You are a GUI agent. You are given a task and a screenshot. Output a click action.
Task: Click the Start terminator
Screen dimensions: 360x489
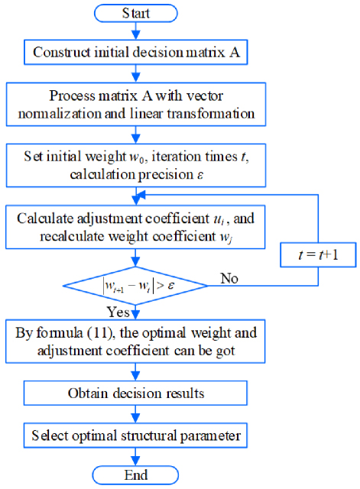[x=136, y=14]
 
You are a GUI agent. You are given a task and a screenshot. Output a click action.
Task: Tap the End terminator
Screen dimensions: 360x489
[x=135, y=475]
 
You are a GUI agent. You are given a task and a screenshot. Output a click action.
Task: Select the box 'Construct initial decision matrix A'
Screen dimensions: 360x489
[x=136, y=52]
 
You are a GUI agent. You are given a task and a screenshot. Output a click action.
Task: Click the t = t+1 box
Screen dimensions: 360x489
[x=318, y=254]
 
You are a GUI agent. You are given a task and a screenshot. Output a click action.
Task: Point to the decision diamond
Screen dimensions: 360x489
[x=135, y=285]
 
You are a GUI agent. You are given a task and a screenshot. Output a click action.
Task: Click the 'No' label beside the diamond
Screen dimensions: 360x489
[x=229, y=278]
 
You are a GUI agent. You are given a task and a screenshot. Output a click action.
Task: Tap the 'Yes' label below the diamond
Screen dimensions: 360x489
[x=118, y=312]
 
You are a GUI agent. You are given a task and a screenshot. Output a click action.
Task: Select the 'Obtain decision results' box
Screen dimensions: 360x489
[x=135, y=393]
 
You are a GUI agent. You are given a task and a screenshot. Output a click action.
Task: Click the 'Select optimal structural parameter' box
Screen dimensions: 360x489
[x=135, y=436]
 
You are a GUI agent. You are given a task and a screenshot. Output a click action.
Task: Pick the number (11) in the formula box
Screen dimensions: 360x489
[x=100, y=333]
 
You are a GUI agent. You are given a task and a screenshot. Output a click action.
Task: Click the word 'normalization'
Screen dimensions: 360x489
[x=60, y=113]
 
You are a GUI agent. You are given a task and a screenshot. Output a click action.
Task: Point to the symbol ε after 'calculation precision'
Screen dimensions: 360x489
[x=200, y=175]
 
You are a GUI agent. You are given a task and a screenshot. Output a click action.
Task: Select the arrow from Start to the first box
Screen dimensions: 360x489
[x=136, y=31]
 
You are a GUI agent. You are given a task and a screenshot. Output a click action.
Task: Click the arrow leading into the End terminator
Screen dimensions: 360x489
[x=135, y=457]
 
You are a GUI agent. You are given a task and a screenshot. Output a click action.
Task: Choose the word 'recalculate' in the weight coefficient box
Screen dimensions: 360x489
[x=73, y=237]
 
